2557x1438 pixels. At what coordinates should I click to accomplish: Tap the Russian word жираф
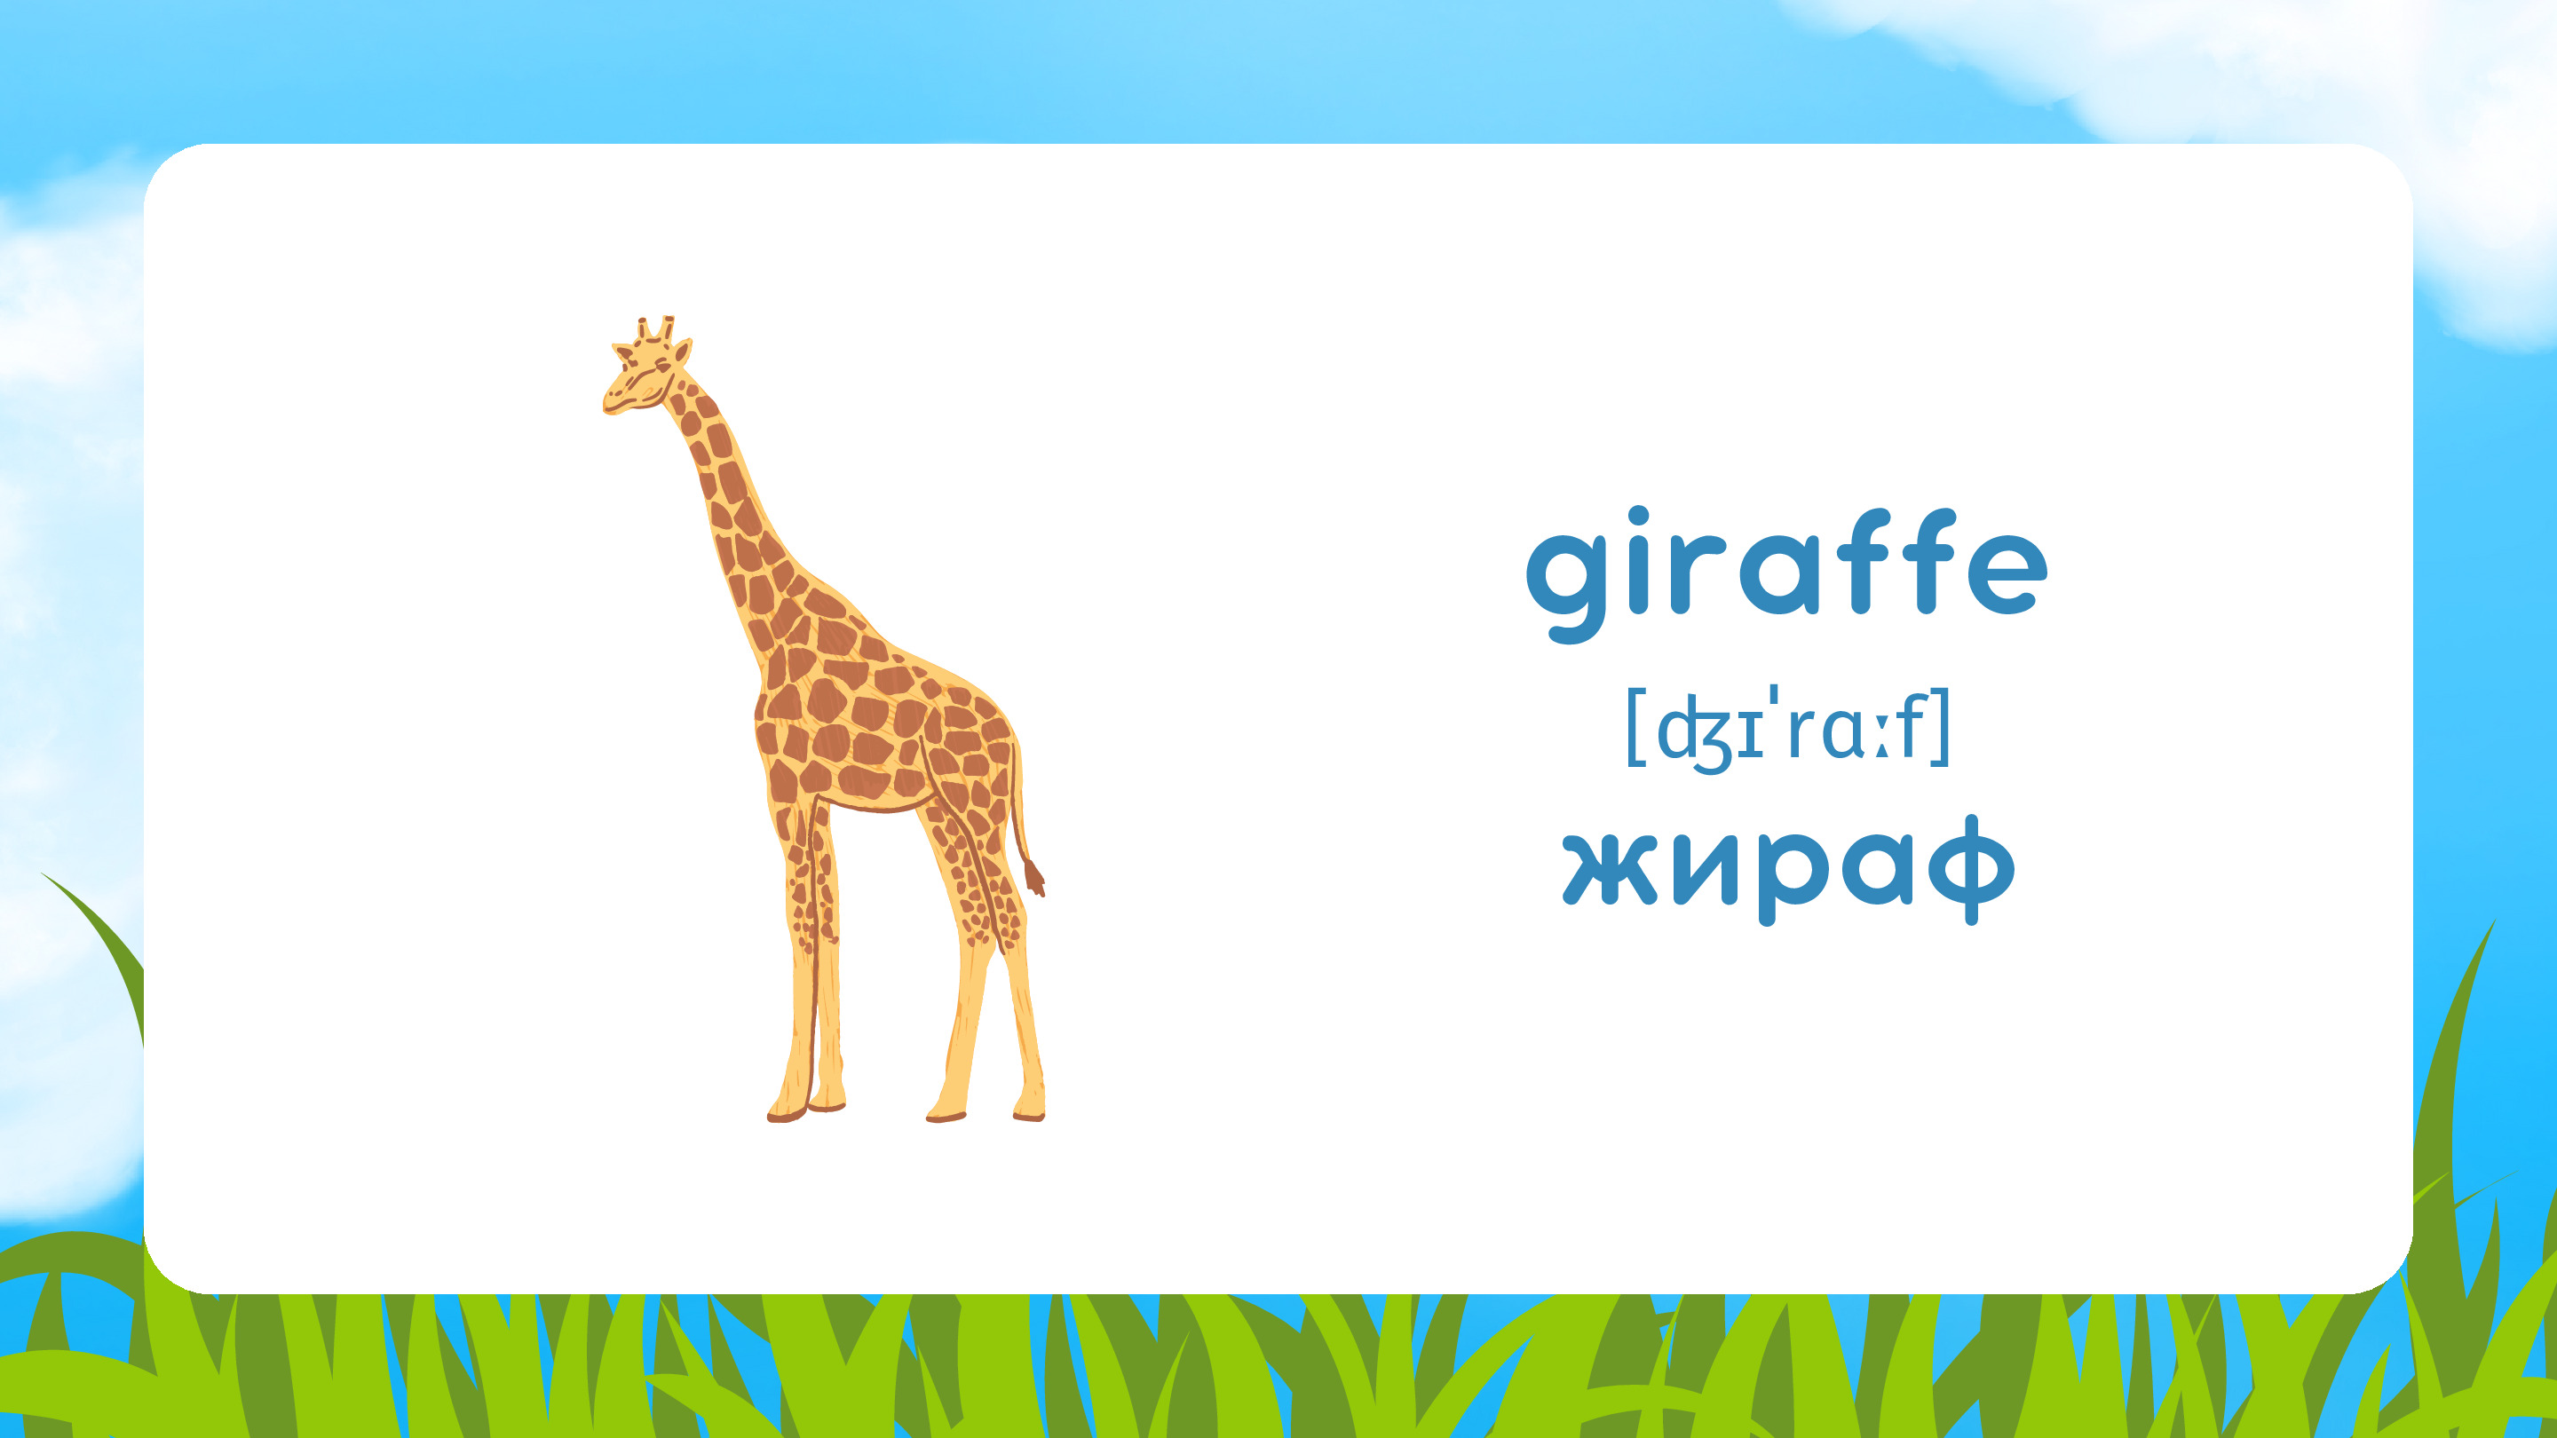point(1789,870)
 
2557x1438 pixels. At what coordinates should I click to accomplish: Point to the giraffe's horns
point(656,328)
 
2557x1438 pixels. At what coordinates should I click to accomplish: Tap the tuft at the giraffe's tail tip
point(1034,878)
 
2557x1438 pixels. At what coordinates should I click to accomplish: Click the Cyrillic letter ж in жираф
point(1610,869)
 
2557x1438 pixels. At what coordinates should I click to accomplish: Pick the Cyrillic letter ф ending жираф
point(1971,870)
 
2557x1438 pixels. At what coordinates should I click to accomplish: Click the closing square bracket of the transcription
point(1941,729)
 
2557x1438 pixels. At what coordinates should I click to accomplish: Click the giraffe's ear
point(683,352)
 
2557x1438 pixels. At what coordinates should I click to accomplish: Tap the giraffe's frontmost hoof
point(785,1112)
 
